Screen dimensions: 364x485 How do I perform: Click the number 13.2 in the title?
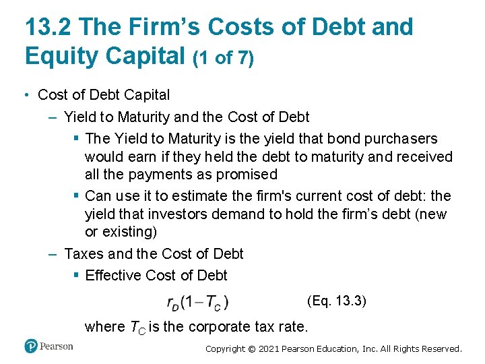click(x=48, y=27)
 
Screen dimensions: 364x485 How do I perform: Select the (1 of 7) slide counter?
click(x=223, y=59)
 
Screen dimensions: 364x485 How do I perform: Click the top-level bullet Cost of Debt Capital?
click(x=104, y=95)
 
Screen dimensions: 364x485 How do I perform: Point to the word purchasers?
click(x=401, y=139)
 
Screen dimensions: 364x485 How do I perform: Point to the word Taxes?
click(x=84, y=254)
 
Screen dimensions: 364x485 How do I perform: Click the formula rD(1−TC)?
click(x=197, y=303)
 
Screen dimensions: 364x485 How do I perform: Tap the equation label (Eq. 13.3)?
click(x=336, y=301)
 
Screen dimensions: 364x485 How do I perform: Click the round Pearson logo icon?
click(x=31, y=346)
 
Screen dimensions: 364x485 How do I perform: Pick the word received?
click(x=423, y=157)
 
